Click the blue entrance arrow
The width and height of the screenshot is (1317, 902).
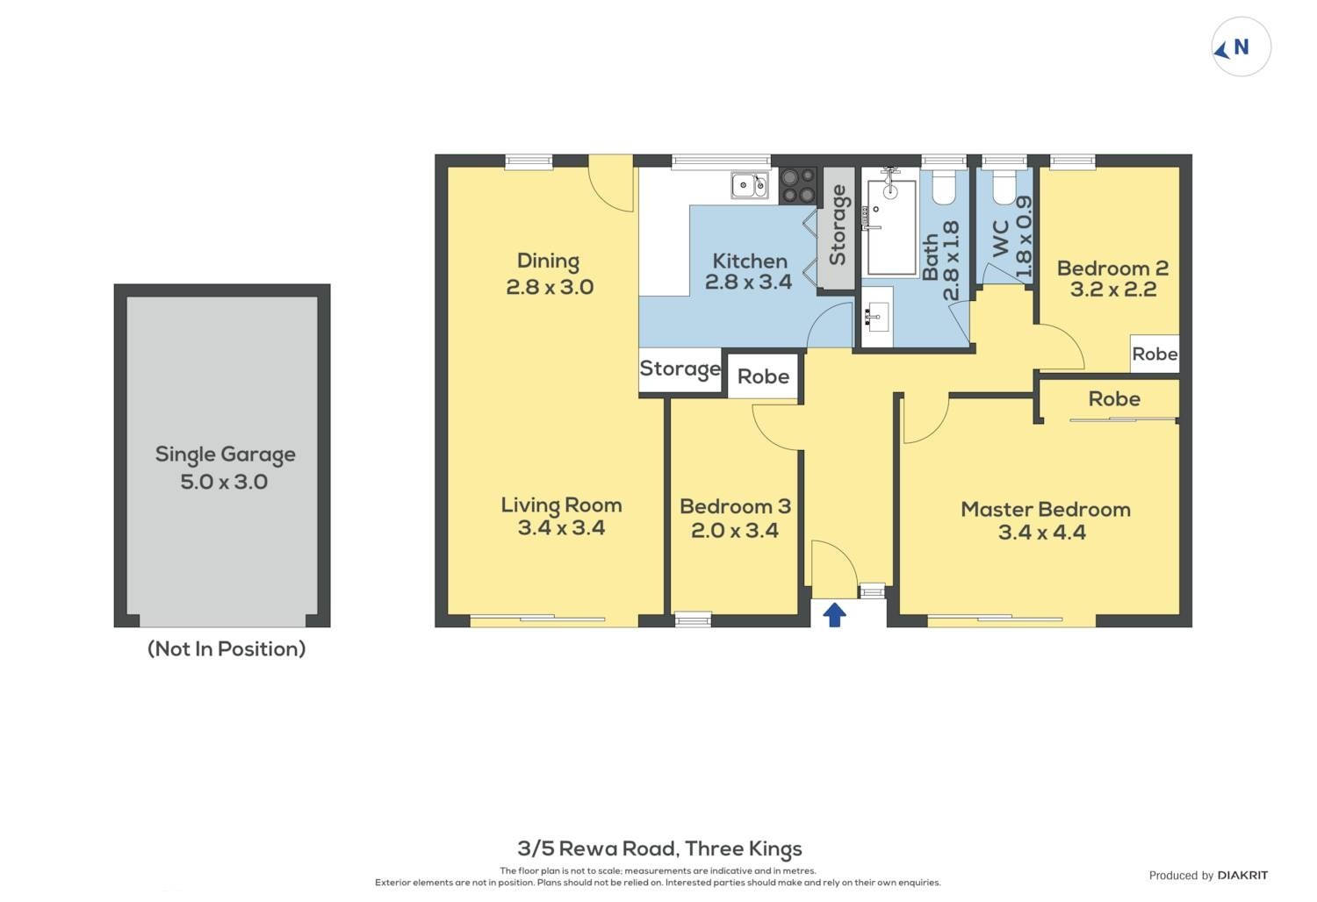pos(834,615)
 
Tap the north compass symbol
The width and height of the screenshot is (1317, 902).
pos(1241,47)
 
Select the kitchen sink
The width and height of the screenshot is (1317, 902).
pos(750,185)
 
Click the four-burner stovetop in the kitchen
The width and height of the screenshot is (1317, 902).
pos(798,186)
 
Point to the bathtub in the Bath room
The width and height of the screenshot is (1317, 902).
pos(891,227)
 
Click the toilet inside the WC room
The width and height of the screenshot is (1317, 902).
pos(1004,187)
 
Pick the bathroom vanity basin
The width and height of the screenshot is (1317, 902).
pos(878,318)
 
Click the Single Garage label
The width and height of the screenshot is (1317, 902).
pos(225,455)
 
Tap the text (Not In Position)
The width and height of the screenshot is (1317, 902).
pos(227,648)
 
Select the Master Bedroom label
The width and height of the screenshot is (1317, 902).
pos(1046,510)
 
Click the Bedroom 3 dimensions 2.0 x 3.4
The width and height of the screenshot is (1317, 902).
pos(735,531)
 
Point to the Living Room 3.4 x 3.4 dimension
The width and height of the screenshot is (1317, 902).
pos(562,527)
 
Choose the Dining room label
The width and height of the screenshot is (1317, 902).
pos(549,261)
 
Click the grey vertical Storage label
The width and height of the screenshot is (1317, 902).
pos(838,225)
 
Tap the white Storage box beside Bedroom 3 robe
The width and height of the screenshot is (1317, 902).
pos(680,370)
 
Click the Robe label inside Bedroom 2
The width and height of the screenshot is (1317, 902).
pos(1155,354)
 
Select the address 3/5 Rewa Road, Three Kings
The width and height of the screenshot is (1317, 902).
pos(659,848)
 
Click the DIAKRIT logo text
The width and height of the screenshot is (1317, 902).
pos(1243,876)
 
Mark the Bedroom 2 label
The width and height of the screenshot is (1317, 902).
pos(1113,268)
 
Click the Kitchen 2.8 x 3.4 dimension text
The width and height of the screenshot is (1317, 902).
pos(748,282)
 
